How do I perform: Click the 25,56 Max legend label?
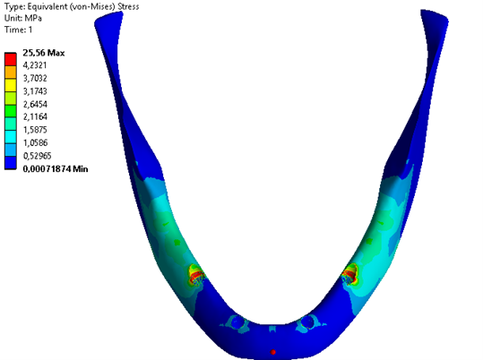[x=43, y=53]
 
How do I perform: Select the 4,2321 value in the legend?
[x=35, y=65]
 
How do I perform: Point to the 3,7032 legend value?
[x=35, y=78]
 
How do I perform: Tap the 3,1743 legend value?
[x=35, y=91]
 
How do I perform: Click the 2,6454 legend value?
[x=35, y=104]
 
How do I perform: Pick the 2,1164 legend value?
[x=35, y=116]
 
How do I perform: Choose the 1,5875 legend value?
[x=35, y=130]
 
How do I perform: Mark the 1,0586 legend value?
[x=35, y=142]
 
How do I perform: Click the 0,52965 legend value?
[x=37, y=156]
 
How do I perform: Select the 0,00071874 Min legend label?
[x=56, y=168]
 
